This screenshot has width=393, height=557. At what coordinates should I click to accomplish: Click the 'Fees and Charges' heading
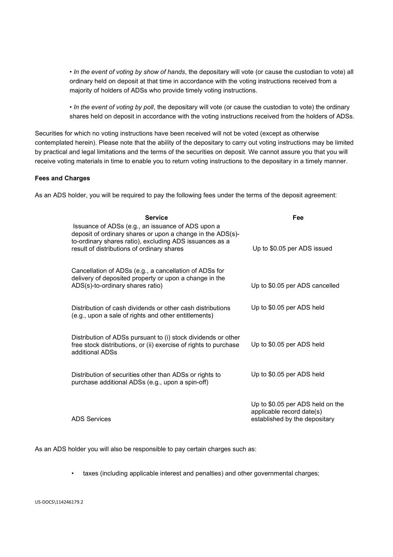click(62, 178)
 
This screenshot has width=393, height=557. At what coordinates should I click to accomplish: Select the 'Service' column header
click(156, 218)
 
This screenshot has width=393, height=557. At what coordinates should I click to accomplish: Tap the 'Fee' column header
click(298, 218)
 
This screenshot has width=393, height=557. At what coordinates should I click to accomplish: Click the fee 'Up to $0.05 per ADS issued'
click(292, 249)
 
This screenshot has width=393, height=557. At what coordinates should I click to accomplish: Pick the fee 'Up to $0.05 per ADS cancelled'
click(295, 286)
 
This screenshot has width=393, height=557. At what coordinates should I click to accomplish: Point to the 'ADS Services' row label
click(91, 419)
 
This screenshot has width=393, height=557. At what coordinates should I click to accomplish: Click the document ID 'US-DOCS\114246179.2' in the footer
click(59, 502)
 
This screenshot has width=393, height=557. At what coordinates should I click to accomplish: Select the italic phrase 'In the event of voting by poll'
click(114, 107)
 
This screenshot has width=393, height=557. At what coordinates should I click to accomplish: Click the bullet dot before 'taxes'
click(72, 473)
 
